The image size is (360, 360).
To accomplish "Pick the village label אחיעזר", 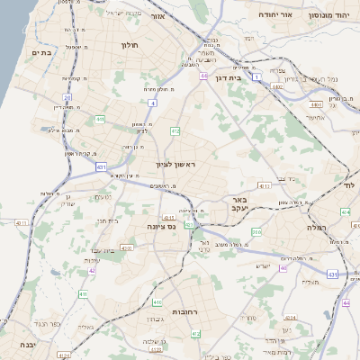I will click(x=314, y=116).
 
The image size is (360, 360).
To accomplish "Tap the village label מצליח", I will click(x=311, y=283).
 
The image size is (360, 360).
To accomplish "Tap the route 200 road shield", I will click(x=257, y=232).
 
